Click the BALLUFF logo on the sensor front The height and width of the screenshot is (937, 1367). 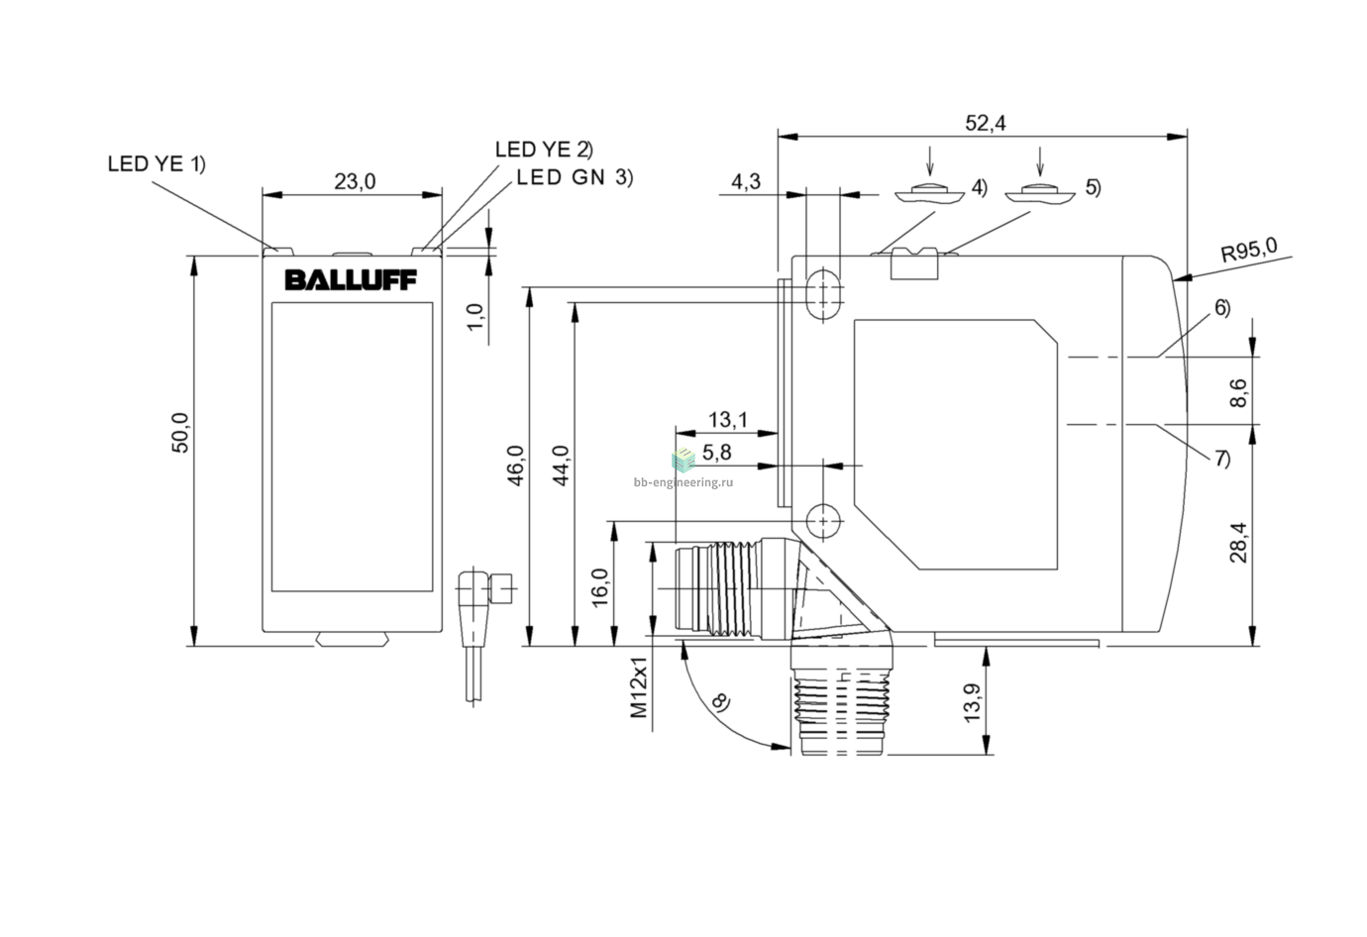[351, 280]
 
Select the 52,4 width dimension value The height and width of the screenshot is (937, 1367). [985, 123]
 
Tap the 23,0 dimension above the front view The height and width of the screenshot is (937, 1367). [355, 181]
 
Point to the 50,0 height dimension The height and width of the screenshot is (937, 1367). [180, 433]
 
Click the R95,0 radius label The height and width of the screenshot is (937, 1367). [1249, 250]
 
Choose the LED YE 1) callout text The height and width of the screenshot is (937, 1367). [157, 164]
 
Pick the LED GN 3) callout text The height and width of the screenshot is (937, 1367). [575, 177]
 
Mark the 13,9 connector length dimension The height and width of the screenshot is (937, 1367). [972, 703]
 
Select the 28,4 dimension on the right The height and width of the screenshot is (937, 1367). [1238, 543]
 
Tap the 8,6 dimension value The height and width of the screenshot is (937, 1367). [1238, 393]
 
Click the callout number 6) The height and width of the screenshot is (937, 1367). [1222, 307]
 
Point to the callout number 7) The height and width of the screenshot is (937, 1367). [1222, 458]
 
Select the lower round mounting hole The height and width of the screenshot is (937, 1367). [824, 521]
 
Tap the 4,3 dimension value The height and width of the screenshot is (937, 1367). [746, 181]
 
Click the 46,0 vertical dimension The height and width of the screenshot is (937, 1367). [516, 466]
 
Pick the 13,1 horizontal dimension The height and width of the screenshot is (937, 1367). [727, 420]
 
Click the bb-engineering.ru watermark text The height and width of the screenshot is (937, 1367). [683, 482]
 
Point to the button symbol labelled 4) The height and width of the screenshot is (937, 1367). [929, 194]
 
